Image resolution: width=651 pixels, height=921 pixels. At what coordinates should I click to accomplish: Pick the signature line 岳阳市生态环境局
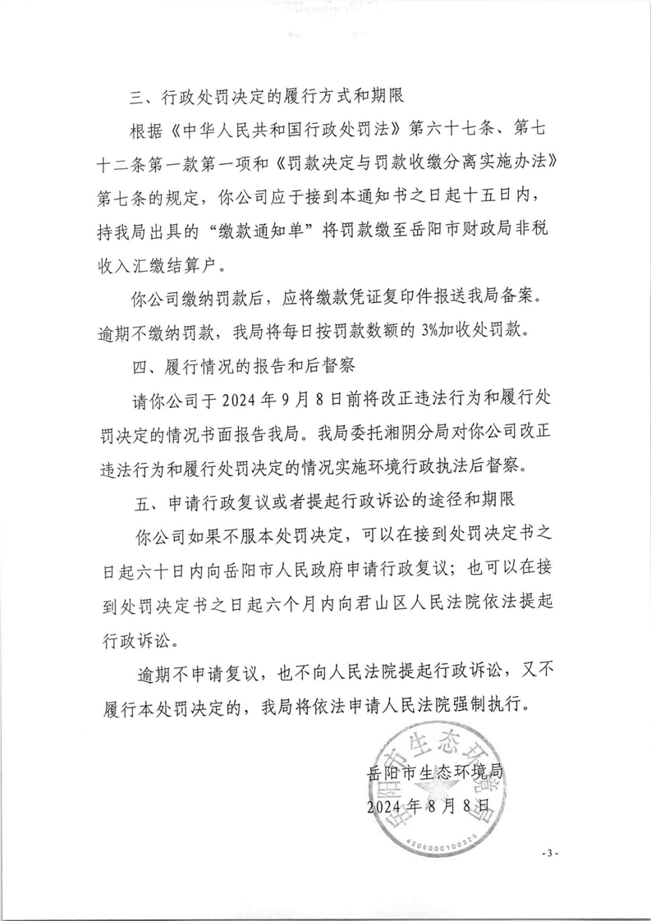[434, 773]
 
